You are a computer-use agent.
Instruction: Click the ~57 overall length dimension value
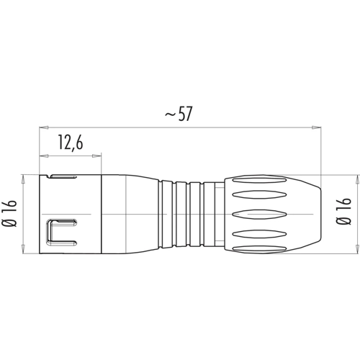click(179, 114)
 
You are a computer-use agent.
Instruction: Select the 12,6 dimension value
click(71, 143)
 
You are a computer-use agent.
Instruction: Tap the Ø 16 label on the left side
click(9, 213)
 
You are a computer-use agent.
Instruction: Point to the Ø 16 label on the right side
click(343, 211)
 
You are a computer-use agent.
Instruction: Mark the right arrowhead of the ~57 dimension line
click(316, 127)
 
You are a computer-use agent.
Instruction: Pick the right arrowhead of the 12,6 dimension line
click(96, 156)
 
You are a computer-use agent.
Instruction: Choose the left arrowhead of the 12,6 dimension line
click(44, 156)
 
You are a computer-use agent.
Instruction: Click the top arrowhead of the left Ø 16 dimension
click(23, 179)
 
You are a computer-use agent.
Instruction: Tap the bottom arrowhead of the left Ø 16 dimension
click(23, 249)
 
